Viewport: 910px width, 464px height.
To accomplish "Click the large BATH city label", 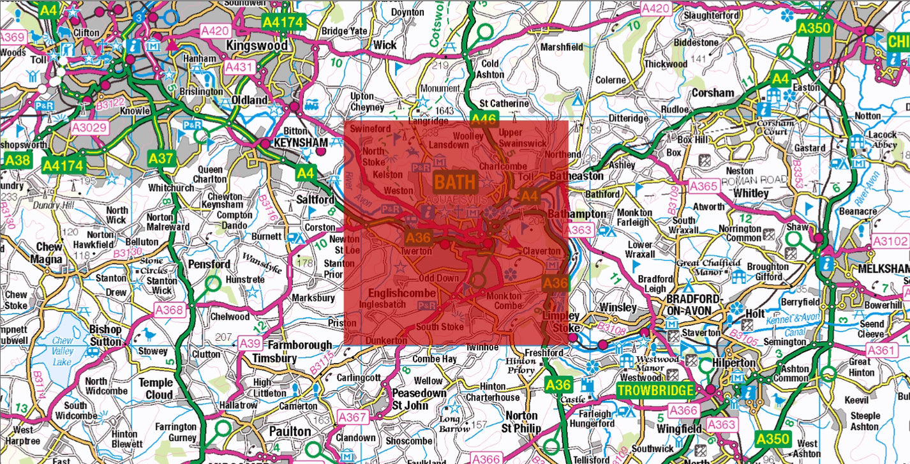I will click(455, 182).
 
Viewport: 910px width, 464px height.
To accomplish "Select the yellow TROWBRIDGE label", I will click(655, 390).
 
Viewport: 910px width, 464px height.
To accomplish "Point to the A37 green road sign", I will click(160, 157).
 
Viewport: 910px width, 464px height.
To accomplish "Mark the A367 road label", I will click(352, 417).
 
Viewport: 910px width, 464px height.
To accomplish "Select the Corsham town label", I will click(713, 93).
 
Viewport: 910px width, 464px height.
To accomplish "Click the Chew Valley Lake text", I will click(63, 350).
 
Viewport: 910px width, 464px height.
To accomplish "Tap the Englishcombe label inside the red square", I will click(402, 293).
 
